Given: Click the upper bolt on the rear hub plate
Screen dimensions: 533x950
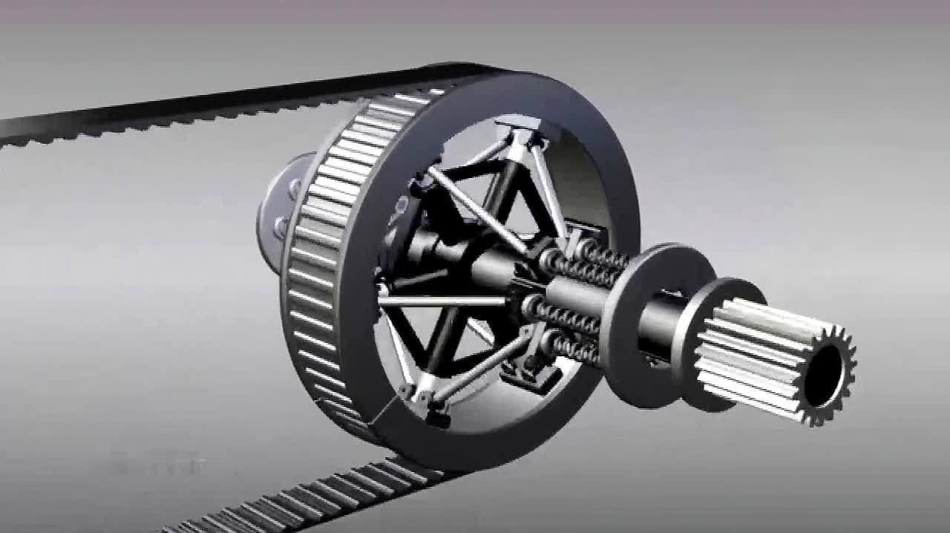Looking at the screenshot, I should pos(295,188).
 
